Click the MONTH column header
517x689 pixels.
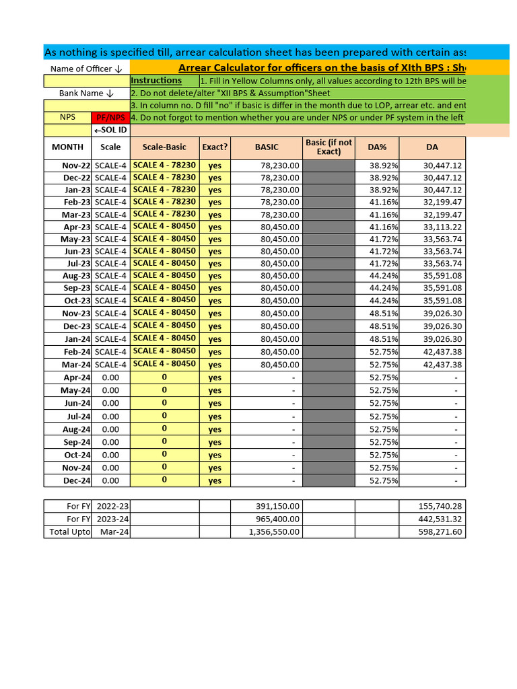(x=67, y=147)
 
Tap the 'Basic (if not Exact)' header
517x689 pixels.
(x=329, y=147)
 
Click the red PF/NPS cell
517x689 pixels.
(x=110, y=117)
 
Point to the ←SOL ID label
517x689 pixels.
(x=110, y=129)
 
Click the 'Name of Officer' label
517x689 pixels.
(x=86, y=69)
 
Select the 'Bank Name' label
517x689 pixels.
(x=86, y=93)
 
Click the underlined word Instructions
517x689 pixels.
(x=156, y=81)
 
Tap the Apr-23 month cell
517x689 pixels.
(x=77, y=227)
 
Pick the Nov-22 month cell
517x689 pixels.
(x=77, y=166)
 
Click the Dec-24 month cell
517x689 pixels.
(x=77, y=480)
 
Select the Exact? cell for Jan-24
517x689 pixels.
(x=215, y=339)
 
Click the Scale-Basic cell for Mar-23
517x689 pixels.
(x=164, y=214)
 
